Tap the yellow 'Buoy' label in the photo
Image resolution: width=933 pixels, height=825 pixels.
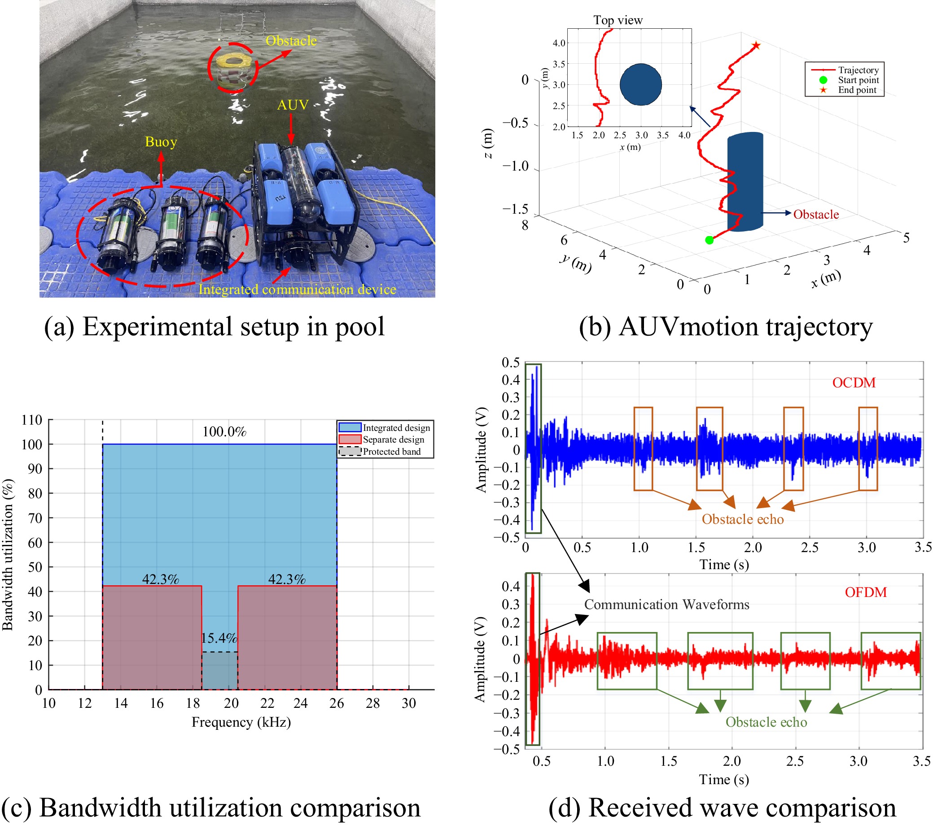(x=161, y=142)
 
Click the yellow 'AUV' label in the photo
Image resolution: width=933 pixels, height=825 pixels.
(x=293, y=105)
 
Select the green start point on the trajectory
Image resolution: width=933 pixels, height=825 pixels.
(x=709, y=240)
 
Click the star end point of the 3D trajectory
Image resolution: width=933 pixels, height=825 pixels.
(x=756, y=46)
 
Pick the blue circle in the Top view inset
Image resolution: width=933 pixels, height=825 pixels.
(x=640, y=84)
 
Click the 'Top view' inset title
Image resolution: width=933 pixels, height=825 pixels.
(x=618, y=20)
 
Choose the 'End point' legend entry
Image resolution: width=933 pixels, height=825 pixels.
(x=857, y=90)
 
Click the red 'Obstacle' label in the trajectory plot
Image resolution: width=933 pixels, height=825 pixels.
(x=816, y=215)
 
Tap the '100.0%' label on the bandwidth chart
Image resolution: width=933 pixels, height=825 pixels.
(x=224, y=431)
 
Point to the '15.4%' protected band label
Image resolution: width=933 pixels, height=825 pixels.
(x=219, y=638)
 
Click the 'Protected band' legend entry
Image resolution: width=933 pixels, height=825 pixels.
(x=391, y=452)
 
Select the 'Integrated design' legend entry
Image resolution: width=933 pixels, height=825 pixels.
(x=396, y=428)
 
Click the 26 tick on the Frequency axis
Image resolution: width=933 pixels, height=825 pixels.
(x=337, y=703)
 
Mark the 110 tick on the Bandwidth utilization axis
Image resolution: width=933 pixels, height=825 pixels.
(x=32, y=420)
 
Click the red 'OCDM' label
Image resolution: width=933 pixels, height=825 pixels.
(x=854, y=382)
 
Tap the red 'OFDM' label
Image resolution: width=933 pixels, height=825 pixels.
(x=865, y=592)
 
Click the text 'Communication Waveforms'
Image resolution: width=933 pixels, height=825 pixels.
(x=666, y=605)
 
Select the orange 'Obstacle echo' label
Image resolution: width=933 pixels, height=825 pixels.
(x=742, y=519)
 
